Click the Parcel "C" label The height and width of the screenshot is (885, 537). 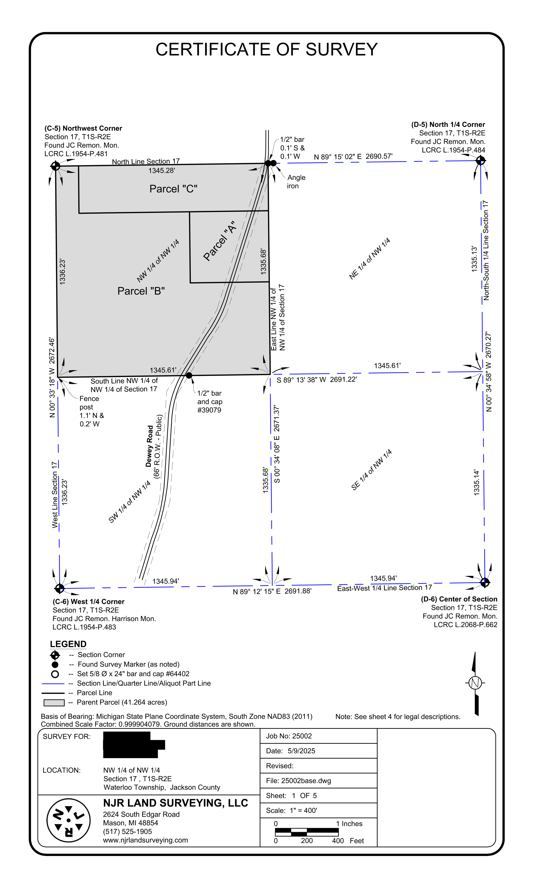[x=173, y=189]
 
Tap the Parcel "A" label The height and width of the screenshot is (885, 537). [x=219, y=241]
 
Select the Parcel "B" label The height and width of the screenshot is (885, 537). [x=141, y=291]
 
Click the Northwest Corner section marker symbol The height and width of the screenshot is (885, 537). [x=55, y=166]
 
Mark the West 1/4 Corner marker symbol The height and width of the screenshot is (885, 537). [x=59, y=588]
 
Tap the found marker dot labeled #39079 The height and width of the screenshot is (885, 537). [x=189, y=375]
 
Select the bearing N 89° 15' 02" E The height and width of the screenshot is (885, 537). [x=337, y=157]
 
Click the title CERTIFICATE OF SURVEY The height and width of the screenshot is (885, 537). [x=266, y=50]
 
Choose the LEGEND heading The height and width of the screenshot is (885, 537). [x=68, y=644]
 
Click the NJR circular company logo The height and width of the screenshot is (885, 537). [x=68, y=820]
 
